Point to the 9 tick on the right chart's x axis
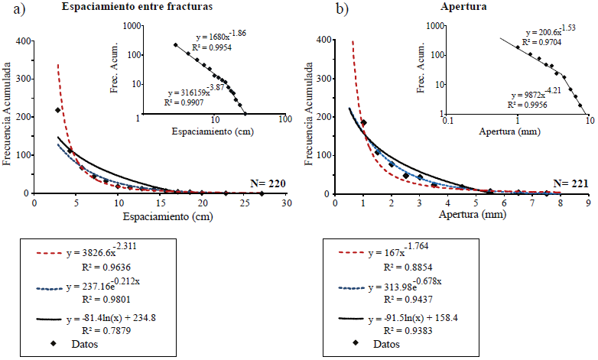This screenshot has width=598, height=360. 588,203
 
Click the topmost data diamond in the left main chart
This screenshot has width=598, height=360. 58,110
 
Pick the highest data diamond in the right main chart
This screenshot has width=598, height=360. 364,122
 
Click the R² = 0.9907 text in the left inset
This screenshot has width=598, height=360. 185,102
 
